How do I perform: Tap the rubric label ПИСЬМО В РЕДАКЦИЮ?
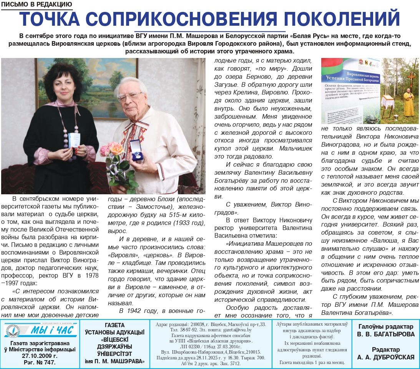37,5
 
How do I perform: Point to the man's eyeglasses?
130,96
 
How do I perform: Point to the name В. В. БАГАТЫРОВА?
386,334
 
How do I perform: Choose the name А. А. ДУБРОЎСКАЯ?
386,357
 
